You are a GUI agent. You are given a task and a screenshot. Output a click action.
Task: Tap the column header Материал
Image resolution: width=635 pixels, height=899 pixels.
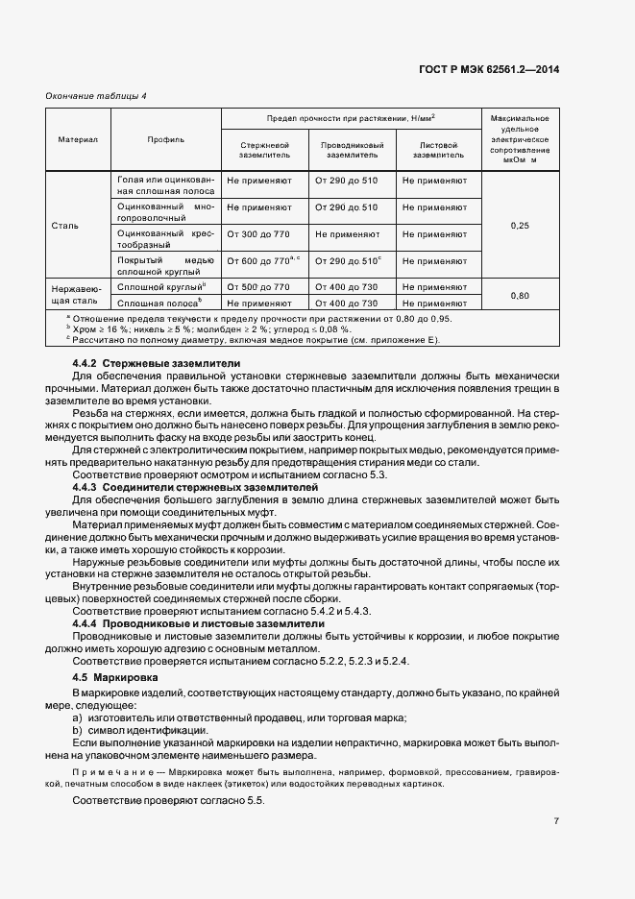pyautogui.click(x=78, y=139)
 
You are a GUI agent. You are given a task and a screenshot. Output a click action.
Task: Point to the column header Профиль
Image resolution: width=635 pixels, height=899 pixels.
pyautogui.click(x=165, y=139)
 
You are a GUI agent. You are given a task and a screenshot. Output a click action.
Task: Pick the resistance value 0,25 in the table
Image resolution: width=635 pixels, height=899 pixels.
pyautogui.click(x=520, y=225)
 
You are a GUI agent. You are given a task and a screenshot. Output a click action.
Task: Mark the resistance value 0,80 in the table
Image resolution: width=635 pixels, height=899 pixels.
pyautogui.click(x=520, y=295)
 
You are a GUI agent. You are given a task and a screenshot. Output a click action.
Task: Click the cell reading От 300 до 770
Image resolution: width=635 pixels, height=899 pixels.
pyautogui.click(x=257, y=233)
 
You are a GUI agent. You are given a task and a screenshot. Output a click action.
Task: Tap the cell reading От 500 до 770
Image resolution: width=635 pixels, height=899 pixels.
pyautogui.click(x=257, y=287)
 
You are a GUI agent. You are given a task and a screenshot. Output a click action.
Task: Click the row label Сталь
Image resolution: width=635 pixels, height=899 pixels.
pyautogui.click(x=65, y=226)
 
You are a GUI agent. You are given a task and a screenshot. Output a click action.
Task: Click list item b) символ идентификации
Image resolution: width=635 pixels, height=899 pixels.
pyautogui.click(x=139, y=731)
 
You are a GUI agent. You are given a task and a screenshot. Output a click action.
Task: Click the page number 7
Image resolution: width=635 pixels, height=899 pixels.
pyautogui.click(x=556, y=821)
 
